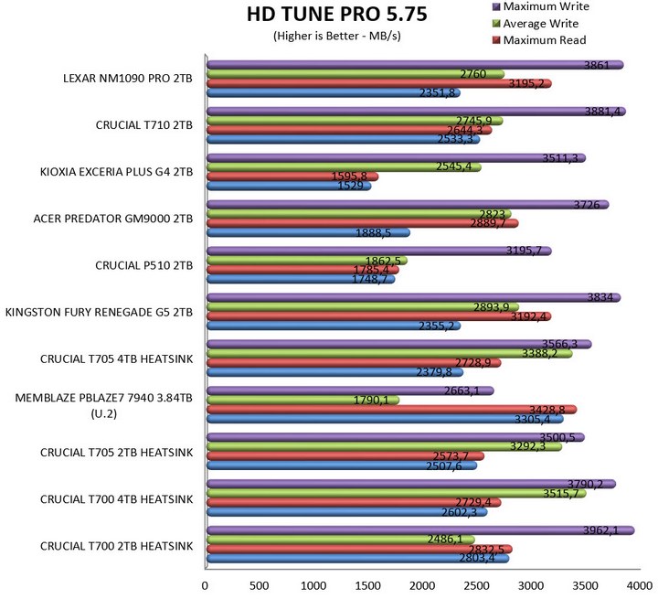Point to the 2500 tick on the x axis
(474, 586)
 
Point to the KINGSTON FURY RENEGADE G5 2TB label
(100, 312)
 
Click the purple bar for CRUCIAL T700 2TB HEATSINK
(420, 530)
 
